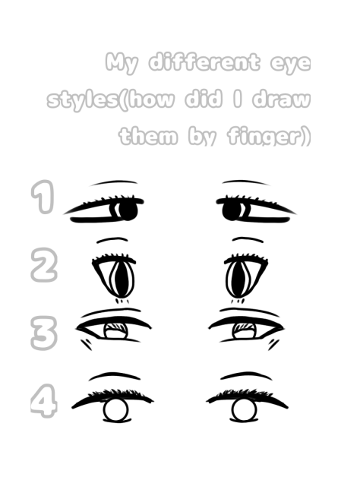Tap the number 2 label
pyautogui.click(x=43, y=266)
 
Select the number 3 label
pyautogui.click(x=43, y=332)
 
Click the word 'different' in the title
pyautogui.click(x=199, y=62)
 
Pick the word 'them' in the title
pyautogui.click(x=149, y=137)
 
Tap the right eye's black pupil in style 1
pyautogui.click(x=232, y=210)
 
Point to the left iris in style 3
pyautogui.click(x=115, y=329)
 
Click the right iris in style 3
pyautogui.click(x=244, y=329)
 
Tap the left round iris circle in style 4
pyautogui.click(x=115, y=411)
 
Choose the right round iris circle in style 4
pyautogui.click(x=243, y=411)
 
